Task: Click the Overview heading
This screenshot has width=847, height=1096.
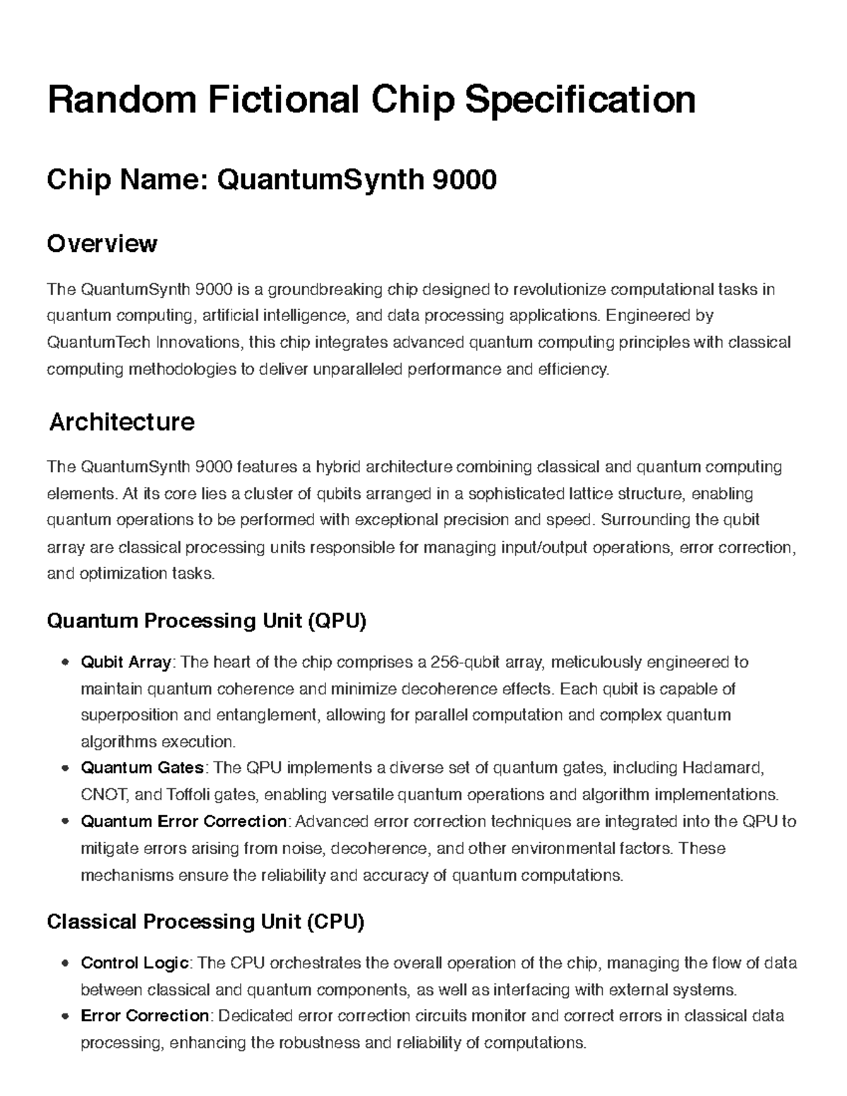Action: [102, 244]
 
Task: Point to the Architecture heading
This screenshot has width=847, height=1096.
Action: [121, 422]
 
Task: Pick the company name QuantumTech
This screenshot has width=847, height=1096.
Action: [98, 343]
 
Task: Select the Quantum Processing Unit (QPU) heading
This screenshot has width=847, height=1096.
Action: [207, 621]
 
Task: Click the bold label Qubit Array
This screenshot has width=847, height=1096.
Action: [126, 662]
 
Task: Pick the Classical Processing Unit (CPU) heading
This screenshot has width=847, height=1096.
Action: [205, 922]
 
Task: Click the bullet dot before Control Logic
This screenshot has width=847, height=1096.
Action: [65, 963]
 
